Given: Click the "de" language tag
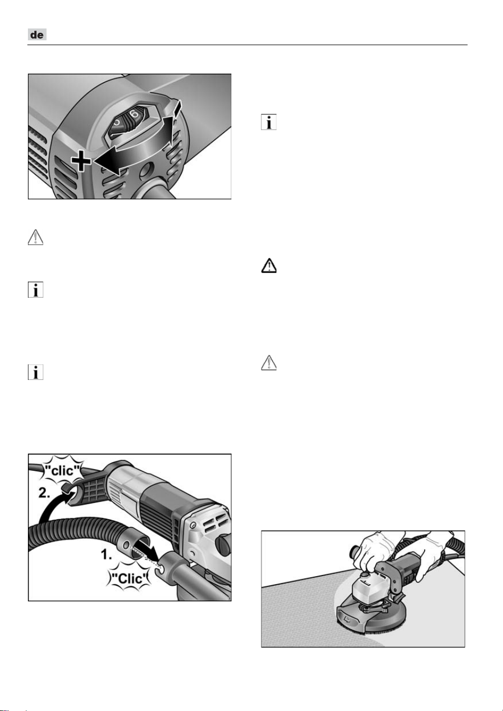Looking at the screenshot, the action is point(37,34).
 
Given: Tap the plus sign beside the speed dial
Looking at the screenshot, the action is point(81,161).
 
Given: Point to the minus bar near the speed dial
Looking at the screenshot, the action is point(178,107).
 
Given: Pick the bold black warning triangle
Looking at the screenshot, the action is point(268,265).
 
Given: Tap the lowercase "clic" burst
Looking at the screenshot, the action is point(63,470).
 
